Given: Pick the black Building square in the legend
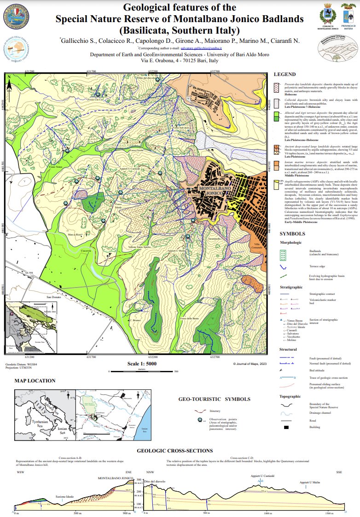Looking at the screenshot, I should coord(286,428).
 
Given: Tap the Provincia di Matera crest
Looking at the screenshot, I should coord(347,14).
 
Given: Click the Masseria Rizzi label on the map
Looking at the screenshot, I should coord(75,235).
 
